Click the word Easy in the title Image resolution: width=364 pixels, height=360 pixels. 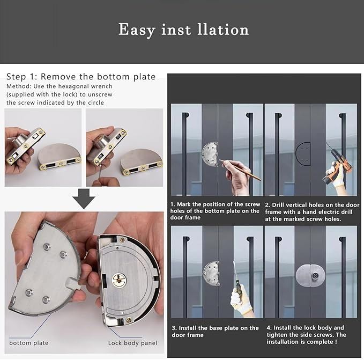coord(137,30)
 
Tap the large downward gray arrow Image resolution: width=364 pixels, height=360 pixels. coord(84,199)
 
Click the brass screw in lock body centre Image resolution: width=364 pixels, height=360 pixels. coord(119,280)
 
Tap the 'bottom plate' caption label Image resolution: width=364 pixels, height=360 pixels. coord(29,343)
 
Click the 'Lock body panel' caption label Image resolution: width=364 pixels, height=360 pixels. coord(132,343)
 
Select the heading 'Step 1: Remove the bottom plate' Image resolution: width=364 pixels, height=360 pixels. coord(81,77)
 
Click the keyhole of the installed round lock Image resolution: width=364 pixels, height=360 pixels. coord(315,276)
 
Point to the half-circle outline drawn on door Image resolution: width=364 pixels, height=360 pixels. coord(303,154)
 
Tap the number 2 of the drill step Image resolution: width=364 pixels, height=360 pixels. coord(267,205)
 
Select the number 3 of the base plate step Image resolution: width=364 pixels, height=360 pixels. coord(174,328)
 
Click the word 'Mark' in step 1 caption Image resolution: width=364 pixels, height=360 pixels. coord(184,204)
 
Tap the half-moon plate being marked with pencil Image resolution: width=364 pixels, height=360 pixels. coord(210,154)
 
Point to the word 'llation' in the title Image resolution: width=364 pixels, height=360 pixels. coord(223,30)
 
